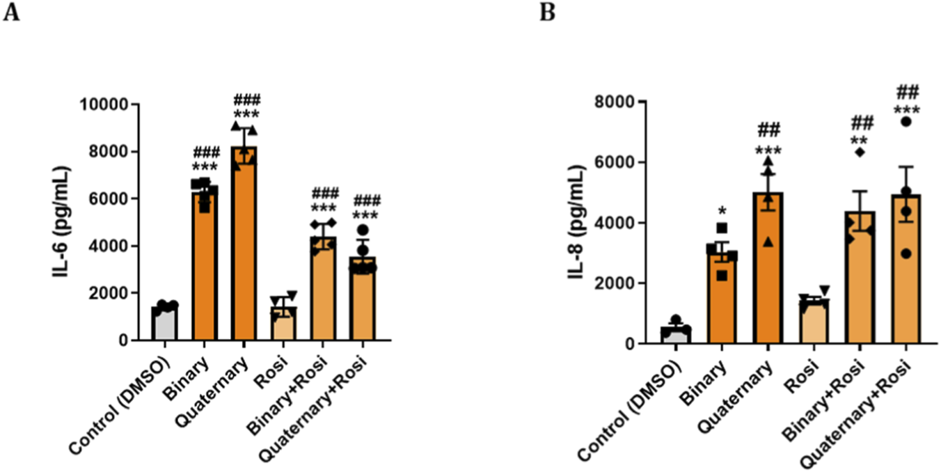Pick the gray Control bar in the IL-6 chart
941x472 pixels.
click(165, 324)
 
